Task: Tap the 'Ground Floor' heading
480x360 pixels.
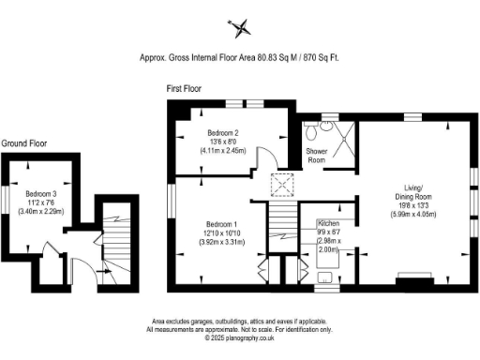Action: point(26,143)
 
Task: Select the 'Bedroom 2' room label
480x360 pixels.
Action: point(222,132)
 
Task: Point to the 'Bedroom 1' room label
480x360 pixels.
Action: point(221,224)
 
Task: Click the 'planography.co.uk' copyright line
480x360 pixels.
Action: point(239,337)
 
